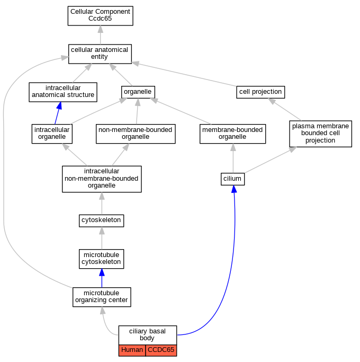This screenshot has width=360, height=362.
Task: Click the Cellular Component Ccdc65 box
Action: [x=100, y=16]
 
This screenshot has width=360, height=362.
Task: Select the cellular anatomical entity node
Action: [x=100, y=54]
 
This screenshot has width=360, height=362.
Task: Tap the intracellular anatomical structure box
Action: [x=63, y=92]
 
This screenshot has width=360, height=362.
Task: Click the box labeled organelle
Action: [x=138, y=92]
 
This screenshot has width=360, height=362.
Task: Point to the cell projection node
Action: [x=260, y=92]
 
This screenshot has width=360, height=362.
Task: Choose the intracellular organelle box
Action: [x=52, y=134]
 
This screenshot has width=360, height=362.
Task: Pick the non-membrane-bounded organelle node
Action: [x=136, y=134]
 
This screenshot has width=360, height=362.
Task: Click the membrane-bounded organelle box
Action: [x=232, y=134]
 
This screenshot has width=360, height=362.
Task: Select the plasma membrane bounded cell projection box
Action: [x=321, y=134]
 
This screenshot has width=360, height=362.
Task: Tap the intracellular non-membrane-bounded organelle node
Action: [x=102, y=179]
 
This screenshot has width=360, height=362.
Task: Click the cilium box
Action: [x=232, y=179]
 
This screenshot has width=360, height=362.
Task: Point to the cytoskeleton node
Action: [x=101, y=220]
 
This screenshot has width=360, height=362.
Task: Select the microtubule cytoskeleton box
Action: [x=101, y=259]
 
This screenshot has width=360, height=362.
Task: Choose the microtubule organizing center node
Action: [x=102, y=297]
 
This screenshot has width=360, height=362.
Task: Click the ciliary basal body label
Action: [x=147, y=335]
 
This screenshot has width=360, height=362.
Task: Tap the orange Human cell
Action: [x=132, y=350]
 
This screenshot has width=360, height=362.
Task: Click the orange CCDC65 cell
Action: [x=161, y=350]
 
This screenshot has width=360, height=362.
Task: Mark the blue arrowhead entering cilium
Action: [x=234, y=189]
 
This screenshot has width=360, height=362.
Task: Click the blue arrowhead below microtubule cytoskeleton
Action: [x=102, y=272]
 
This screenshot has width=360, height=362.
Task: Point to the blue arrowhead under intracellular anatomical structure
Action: [x=59, y=105]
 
